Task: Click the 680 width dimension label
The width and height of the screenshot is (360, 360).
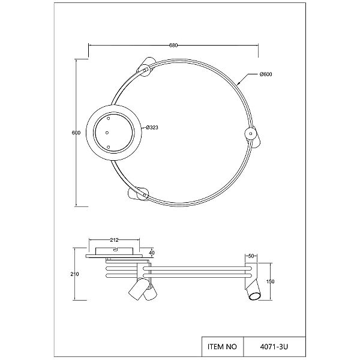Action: [173, 46]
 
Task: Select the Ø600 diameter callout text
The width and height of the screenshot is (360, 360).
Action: [266, 74]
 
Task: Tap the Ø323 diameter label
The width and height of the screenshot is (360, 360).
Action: [152, 127]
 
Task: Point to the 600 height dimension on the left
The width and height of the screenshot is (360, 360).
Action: [76, 133]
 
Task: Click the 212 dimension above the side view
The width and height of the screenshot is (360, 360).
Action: [114, 240]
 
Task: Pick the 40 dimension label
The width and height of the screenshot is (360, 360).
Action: [152, 253]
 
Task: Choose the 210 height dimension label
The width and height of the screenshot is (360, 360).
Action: [75, 274]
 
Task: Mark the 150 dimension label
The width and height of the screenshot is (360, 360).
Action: [271, 281]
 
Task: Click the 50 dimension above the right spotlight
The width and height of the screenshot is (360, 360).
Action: [251, 256]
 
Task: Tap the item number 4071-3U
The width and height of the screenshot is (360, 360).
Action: [274, 346]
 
